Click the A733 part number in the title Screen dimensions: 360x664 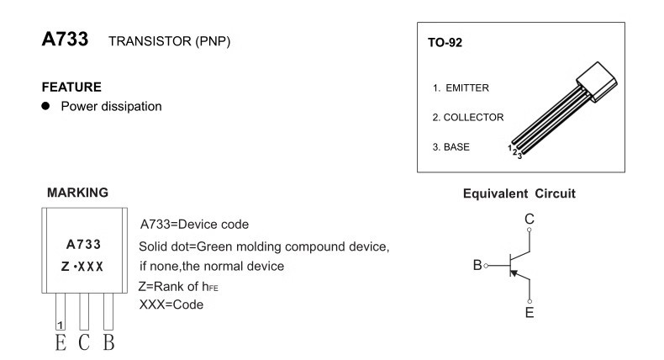[x=65, y=40]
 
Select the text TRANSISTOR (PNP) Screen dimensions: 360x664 [x=169, y=42]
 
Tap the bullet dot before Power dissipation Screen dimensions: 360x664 [x=48, y=106]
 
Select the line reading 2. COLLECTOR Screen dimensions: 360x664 [x=467, y=117]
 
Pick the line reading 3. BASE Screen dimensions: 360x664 [x=451, y=146]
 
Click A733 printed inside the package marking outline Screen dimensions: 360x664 [x=83, y=245]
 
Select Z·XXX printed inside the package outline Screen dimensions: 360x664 [x=83, y=267]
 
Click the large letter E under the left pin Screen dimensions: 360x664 [x=60, y=344]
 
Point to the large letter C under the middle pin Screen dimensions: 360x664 [x=84, y=344]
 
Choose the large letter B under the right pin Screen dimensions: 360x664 [x=108, y=344]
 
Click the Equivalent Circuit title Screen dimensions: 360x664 [x=519, y=193]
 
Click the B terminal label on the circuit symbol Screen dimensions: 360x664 [x=477, y=266]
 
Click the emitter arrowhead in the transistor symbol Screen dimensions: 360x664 [x=515, y=275]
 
